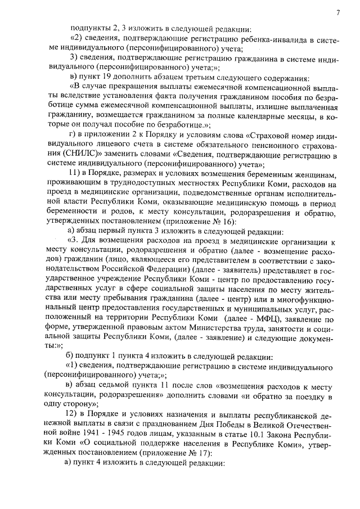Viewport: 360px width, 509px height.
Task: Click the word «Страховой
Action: coord(274,137)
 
